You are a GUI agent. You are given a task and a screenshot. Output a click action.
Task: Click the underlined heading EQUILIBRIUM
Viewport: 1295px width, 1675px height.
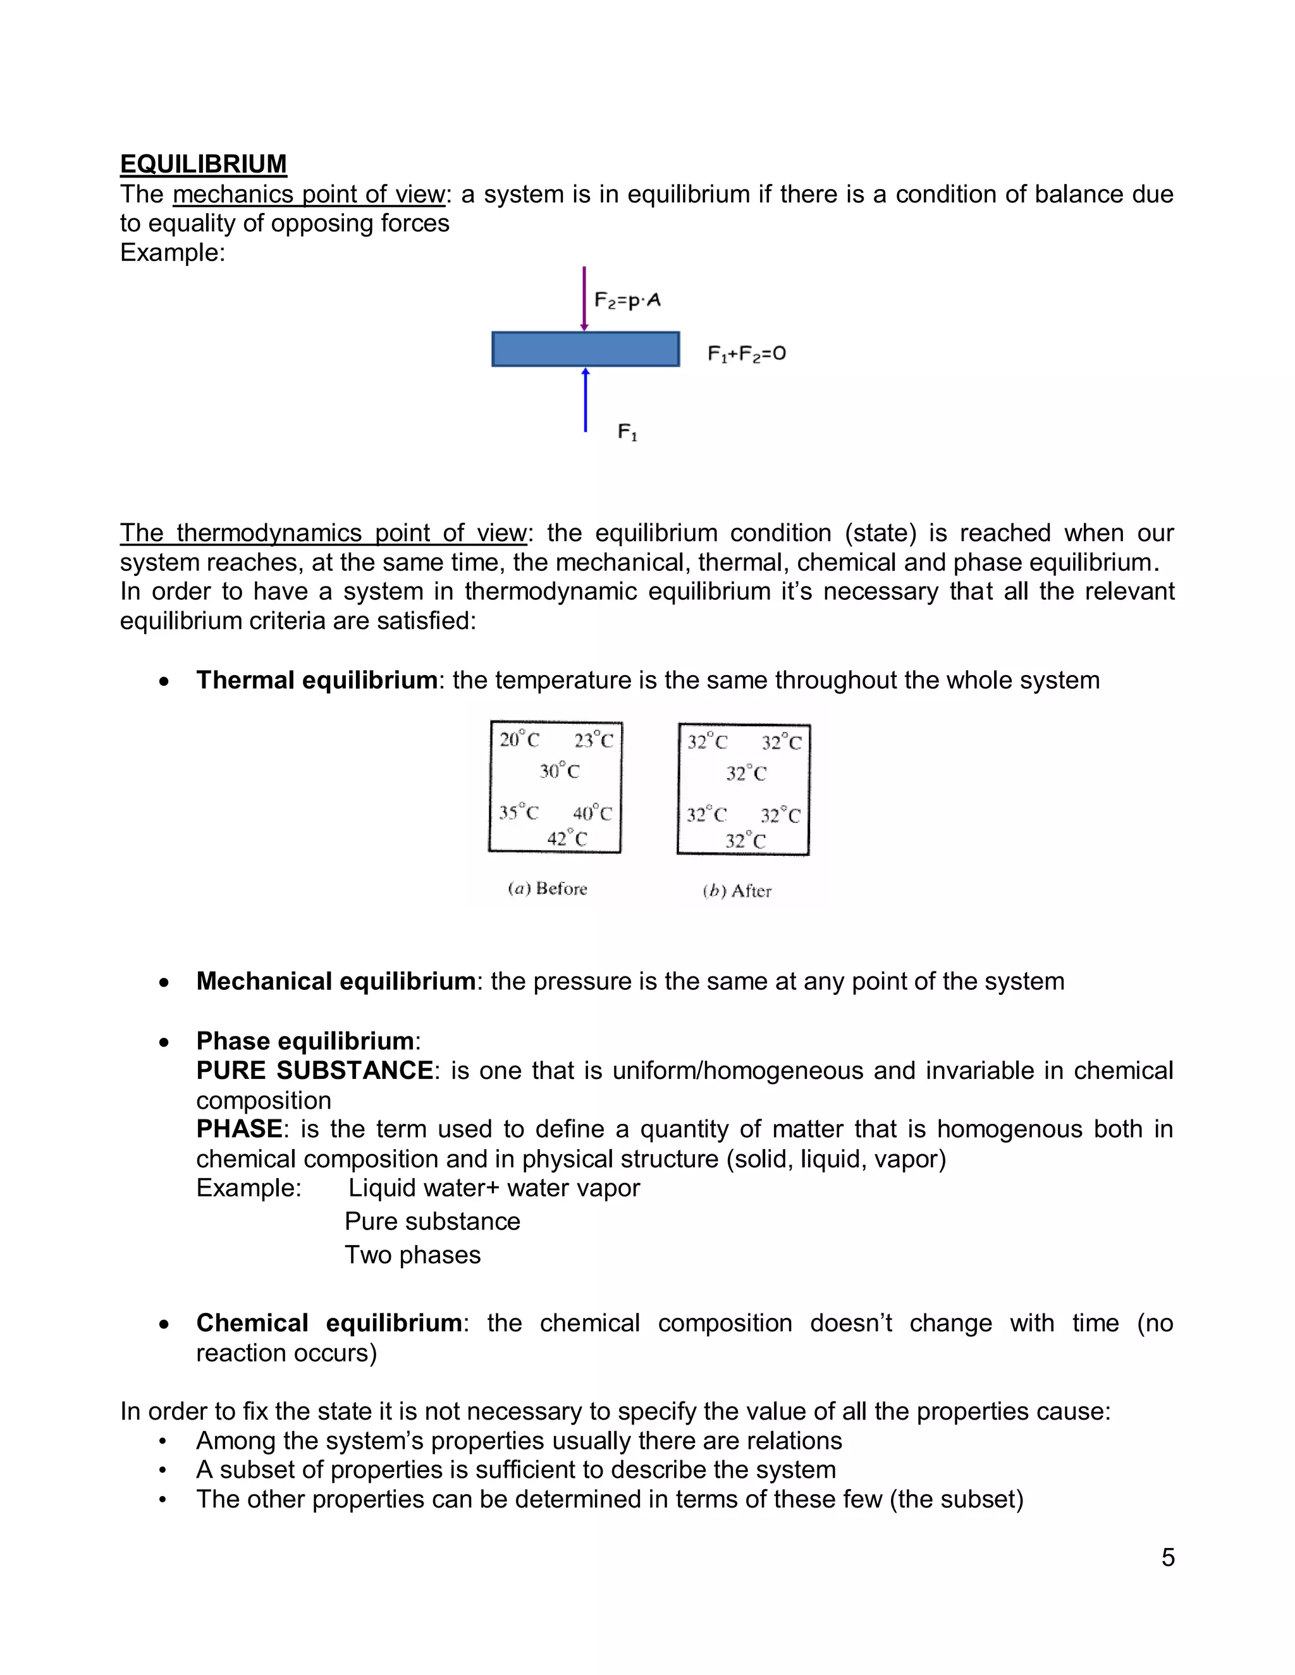click(204, 164)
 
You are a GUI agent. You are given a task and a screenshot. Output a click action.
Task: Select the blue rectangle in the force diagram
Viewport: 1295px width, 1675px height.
click(586, 349)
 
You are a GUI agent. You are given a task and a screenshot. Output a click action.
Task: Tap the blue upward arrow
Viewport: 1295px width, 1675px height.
click(586, 400)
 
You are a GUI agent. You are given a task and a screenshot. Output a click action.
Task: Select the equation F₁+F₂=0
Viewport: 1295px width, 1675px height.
click(747, 353)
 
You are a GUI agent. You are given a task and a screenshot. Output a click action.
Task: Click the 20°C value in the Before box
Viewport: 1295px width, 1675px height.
click(519, 740)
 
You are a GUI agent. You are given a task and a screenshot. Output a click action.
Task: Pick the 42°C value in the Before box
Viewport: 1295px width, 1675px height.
click(567, 839)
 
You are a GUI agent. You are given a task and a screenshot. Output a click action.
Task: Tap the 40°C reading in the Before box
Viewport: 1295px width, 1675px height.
click(592, 813)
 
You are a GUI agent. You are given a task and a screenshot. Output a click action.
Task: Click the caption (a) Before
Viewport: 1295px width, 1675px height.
click(548, 889)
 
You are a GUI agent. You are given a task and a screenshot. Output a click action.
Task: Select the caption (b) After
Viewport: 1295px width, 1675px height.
click(737, 891)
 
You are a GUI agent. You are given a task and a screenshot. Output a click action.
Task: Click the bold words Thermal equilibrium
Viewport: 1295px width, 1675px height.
click(316, 680)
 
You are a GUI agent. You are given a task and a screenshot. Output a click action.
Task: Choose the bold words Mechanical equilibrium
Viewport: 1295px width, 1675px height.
click(335, 981)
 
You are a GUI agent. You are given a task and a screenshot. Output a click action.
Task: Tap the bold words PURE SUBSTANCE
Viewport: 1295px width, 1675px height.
click(314, 1071)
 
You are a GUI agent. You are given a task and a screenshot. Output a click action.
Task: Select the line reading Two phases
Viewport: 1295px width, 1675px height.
click(413, 1255)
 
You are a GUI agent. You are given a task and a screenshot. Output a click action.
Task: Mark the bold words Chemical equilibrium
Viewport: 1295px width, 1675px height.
click(329, 1323)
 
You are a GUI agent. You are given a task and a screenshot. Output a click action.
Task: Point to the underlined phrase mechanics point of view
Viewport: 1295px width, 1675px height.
click(309, 195)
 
